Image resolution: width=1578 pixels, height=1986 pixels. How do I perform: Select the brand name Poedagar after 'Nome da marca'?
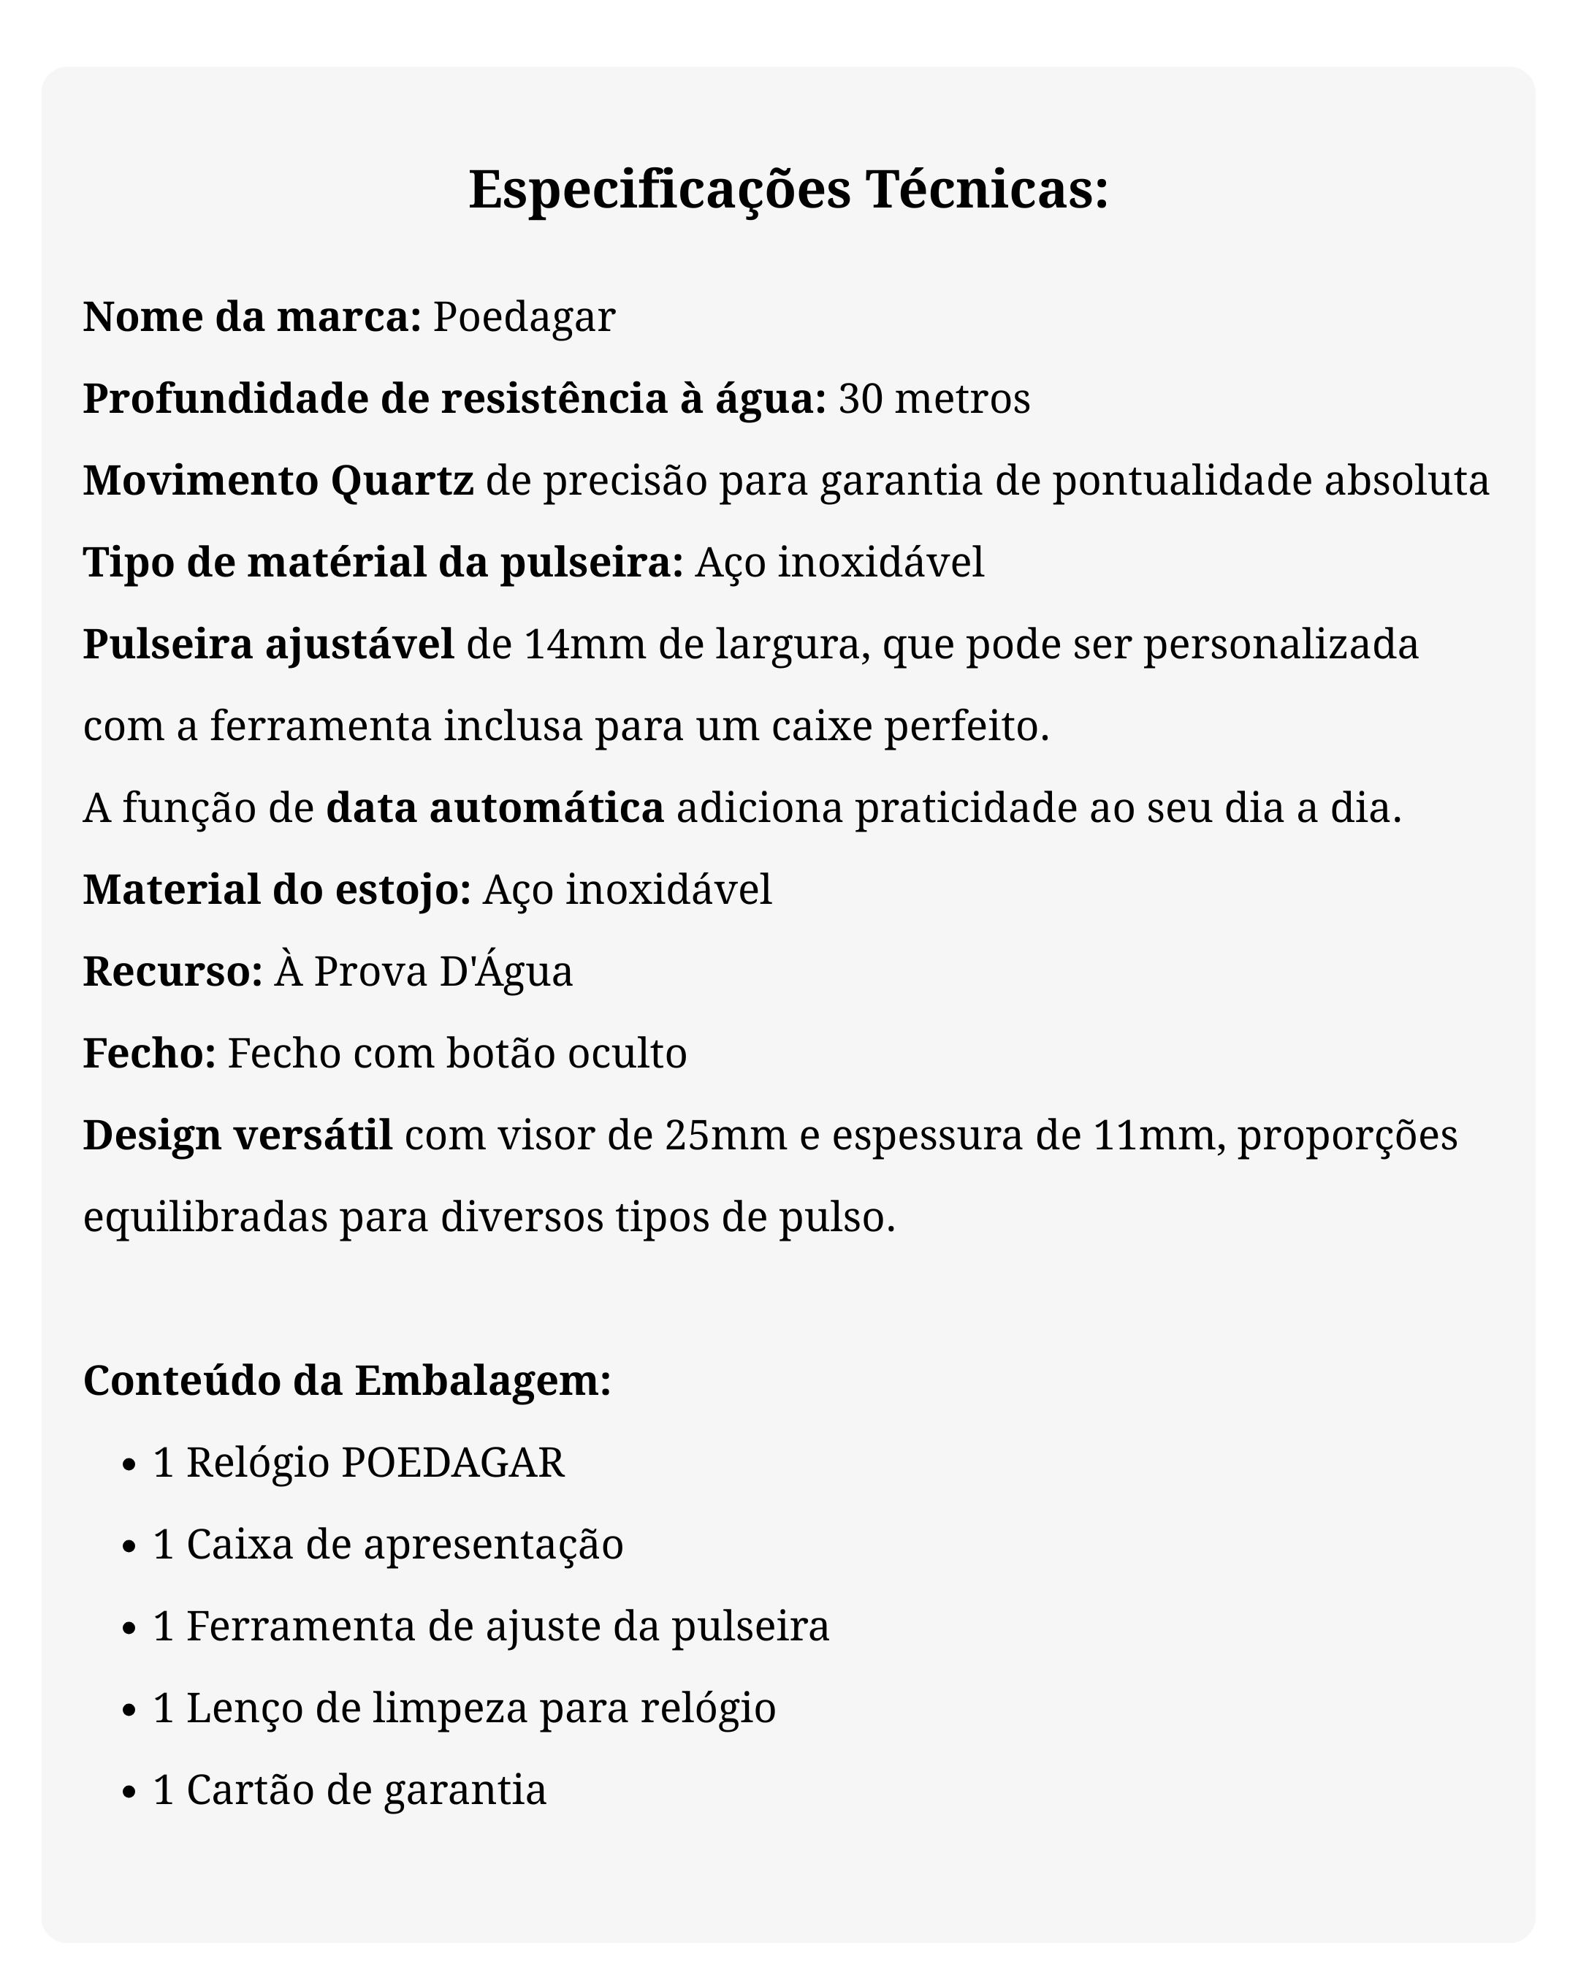point(523,317)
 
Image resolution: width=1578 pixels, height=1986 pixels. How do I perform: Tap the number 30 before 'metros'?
point(859,398)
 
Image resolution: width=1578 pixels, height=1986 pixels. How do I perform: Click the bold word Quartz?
point(402,481)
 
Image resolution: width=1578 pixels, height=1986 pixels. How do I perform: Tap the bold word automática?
point(546,808)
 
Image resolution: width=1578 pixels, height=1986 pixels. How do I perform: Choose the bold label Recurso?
point(173,971)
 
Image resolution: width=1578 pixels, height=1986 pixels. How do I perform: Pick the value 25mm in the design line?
point(725,1135)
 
